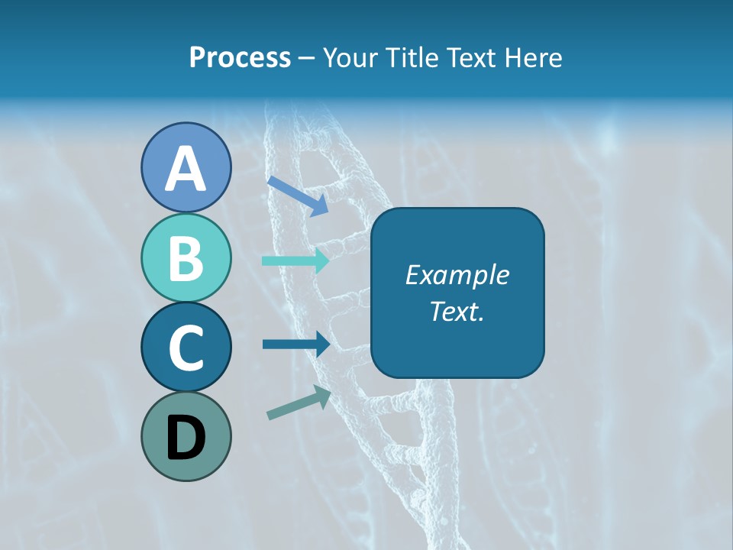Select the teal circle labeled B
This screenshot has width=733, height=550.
pos(186,257)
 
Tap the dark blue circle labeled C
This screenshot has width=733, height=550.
pos(186,348)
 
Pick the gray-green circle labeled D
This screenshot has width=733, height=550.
pos(186,436)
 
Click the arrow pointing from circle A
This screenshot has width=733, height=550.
pos(298,196)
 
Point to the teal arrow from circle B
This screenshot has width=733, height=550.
pos(295,260)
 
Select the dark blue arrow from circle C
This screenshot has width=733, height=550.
pos(295,345)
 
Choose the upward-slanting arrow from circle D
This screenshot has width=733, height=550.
pos(299,403)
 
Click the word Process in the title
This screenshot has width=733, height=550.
pos(240,58)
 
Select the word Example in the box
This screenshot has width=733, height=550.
pos(457,275)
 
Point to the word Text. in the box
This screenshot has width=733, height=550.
pos(457,311)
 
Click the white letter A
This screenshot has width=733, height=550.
pos(186,170)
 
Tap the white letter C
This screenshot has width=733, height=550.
pos(186,348)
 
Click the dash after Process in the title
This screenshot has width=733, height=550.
pos(306,59)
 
